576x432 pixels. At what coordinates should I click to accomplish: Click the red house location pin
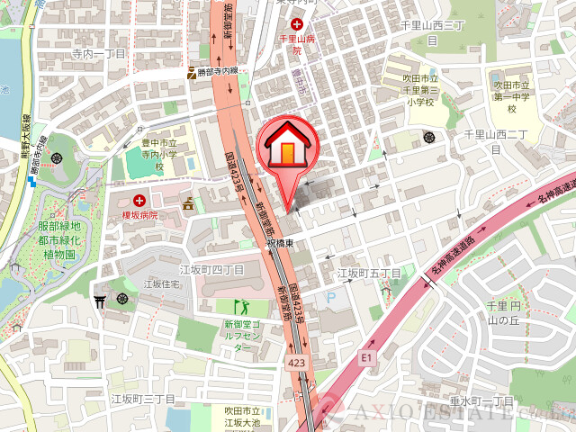tap(286, 148)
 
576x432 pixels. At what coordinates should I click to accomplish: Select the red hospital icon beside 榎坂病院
tap(139, 200)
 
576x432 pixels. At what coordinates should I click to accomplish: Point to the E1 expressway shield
tap(366, 357)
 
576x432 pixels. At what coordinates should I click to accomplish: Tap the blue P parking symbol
tap(329, 297)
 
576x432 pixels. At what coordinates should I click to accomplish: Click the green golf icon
tap(238, 307)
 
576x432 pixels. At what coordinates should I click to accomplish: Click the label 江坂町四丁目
tap(211, 269)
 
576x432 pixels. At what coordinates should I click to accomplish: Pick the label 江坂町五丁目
tap(368, 272)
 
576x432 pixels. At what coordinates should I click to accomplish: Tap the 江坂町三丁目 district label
tap(142, 398)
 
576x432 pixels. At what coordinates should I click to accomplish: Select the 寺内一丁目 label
tap(99, 54)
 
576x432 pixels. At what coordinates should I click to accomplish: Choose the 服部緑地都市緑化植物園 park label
tap(58, 239)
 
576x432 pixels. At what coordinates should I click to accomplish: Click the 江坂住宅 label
tap(162, 284)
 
